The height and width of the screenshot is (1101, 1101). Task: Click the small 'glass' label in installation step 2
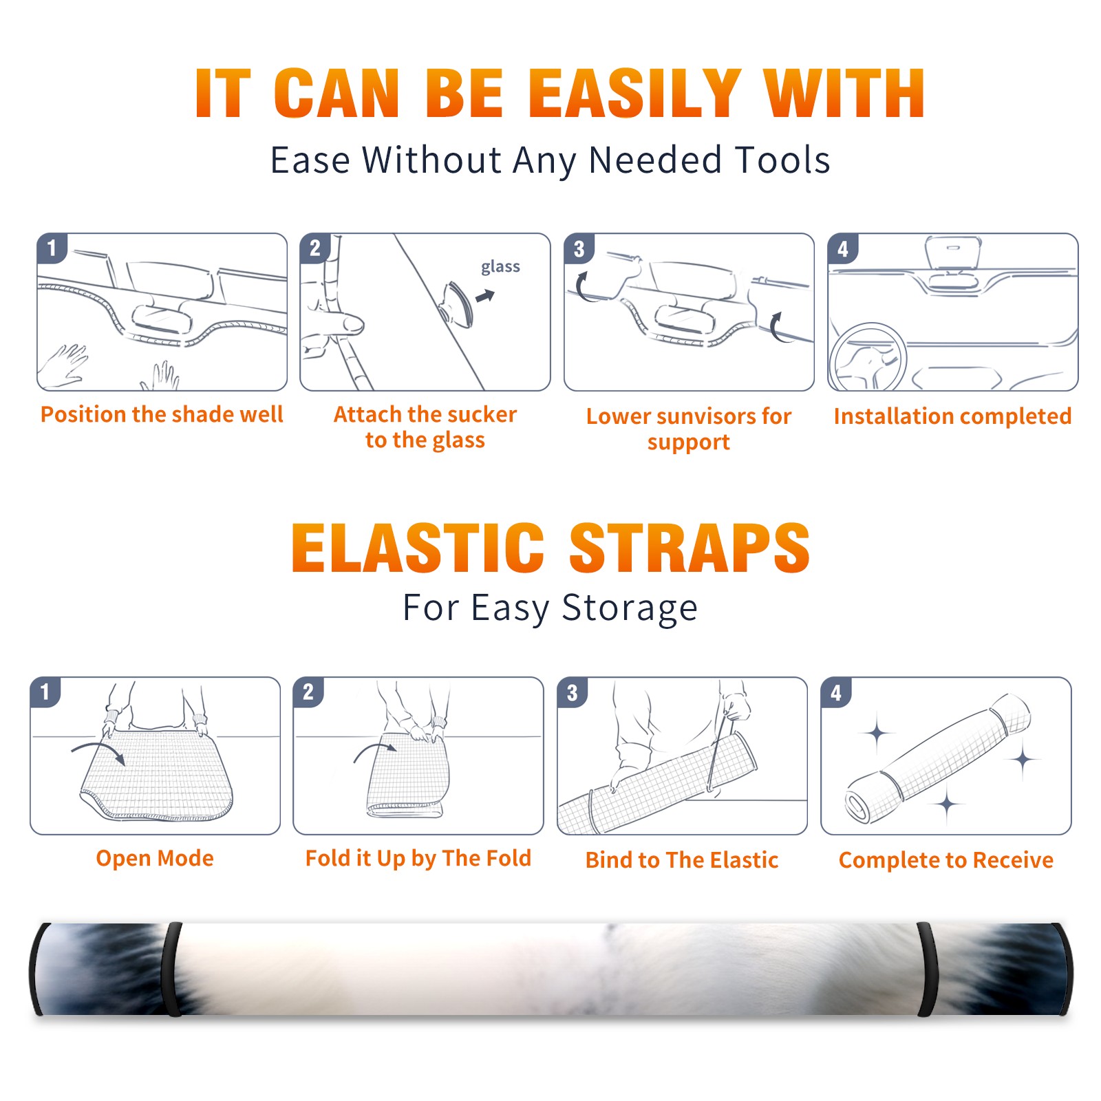coord(500,267)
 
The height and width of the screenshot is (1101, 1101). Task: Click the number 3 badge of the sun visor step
coord(579,248)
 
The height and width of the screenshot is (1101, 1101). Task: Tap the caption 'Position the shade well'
coord(162,414)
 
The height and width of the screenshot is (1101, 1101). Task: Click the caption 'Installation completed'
coord(952,416)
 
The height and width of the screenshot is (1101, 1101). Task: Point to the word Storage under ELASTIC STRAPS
coord(630,609)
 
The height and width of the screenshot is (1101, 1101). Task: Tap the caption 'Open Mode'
coord(155,858)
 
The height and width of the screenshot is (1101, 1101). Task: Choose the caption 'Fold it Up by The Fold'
coord(418,859)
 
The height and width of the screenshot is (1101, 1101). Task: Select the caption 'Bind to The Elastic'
coord(682,860)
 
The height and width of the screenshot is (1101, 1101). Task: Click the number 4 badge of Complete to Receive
coord(836,692)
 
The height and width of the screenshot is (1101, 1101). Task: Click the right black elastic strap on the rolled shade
coord(928,969)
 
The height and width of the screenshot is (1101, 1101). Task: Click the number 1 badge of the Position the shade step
coord(52,248)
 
